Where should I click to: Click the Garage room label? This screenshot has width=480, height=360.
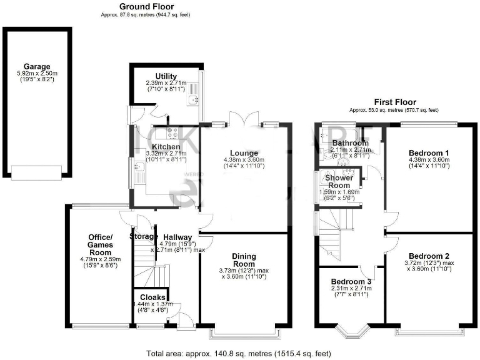coord(37,66)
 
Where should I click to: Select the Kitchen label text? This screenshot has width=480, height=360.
coord(149,147)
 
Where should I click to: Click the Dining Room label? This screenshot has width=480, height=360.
coord(244,260)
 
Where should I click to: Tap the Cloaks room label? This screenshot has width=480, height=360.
coord(152,297)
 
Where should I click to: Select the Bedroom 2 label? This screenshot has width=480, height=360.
coord(429,256)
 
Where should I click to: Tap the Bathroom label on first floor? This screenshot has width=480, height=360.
coord(350,143)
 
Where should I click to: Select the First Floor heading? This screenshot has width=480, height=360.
coord(395,102)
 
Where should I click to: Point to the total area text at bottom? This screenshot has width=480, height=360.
coord(239,353)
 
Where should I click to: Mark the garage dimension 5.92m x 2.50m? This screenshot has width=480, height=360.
coord(37,74)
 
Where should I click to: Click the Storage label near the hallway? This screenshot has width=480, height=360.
coord(143,236)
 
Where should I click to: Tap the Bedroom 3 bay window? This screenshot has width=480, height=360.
coord(352,330)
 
